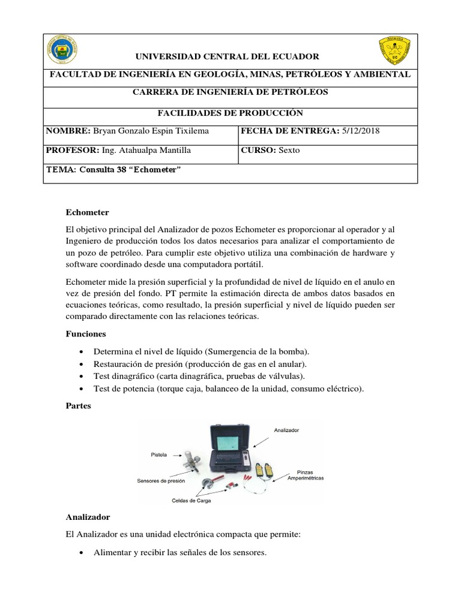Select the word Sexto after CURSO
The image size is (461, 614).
[x=288, y=151]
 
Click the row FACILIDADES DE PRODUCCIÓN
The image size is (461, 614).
[x=230, y=113]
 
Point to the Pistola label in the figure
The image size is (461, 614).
[x=159, y=455]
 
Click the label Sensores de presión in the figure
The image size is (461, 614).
[x=161, y=480]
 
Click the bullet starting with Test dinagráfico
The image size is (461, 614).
[x=199, y=376]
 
